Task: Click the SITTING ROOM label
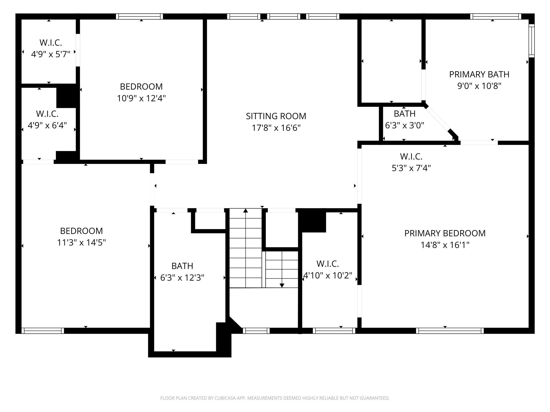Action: pyautogui.click(x=276, y=116)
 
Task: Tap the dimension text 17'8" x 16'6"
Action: pyautogui.click(x=276, y=128)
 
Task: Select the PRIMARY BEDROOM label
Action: pyautogui.click(x=445, y=233)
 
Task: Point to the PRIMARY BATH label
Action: pyautogui.click(x=479, y=74)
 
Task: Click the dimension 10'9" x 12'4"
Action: pyautogui.click(x=141, y=98)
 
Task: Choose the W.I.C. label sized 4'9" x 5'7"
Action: pyautogui.click(x=51, y=43)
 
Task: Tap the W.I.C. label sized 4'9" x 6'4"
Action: pyautogui.click(x=47, y=114)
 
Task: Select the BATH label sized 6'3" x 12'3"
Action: pyautogui.click(x=182, y=266)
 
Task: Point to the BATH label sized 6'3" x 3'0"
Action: pyautogui.click(x=404, y=114)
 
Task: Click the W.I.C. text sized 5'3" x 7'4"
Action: pyautogui.click(x=411, y=156)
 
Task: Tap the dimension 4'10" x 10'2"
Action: pyautogui.click(x=327, y=275)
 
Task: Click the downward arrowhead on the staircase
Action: pyautogui.click(x=282, y=285)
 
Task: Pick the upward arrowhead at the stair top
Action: pyautogui.click(x=245, y=211)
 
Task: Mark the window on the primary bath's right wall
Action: pyautogui.click(x=531, y=41)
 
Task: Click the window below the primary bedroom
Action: pyautogui.click(x=450, y=331)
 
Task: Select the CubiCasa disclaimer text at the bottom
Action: pyautogui.click(x=275, y=398)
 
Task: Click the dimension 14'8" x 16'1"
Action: pyautogui.click(x=445, y=245)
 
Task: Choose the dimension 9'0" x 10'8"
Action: pyautogui.click(x=479, y=86)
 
